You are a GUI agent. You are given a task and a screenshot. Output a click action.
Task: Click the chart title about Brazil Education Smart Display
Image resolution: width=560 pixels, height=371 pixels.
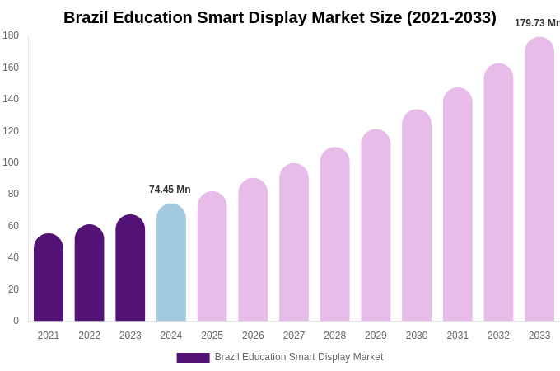280,17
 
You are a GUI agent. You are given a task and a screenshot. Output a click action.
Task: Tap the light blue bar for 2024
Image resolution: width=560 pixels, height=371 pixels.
171,263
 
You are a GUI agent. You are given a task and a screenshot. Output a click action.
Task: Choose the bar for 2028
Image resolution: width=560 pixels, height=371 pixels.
335,235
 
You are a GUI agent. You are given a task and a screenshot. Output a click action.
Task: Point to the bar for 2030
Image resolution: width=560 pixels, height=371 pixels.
417,216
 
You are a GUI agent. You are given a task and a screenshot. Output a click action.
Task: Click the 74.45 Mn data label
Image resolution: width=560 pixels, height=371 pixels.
170,190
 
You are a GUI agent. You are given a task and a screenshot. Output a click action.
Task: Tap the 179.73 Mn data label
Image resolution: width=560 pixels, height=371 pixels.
537,23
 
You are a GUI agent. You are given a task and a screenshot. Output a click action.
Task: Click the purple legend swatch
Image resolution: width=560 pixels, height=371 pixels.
193,358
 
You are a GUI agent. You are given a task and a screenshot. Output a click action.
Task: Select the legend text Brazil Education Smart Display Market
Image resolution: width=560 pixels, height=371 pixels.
299,357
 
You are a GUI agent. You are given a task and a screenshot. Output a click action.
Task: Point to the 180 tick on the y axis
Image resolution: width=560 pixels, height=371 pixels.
11,35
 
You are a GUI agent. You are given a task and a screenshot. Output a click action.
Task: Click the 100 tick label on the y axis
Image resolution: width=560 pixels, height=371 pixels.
11,162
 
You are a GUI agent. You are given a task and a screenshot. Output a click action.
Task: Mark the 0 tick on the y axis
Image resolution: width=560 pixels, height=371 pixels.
16,321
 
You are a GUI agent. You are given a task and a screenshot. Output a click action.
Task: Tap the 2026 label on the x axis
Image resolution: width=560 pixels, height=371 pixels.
253,336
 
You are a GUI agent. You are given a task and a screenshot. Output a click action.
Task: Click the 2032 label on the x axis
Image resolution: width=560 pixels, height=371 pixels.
498,336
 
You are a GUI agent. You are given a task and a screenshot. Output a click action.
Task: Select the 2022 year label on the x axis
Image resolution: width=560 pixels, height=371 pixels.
89,336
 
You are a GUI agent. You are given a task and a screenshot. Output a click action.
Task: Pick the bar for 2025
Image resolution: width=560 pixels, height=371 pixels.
212,256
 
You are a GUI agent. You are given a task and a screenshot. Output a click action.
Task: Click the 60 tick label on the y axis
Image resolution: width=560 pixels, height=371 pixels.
13,226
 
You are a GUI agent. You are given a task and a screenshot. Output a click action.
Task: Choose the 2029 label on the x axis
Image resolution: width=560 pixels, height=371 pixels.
376,336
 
